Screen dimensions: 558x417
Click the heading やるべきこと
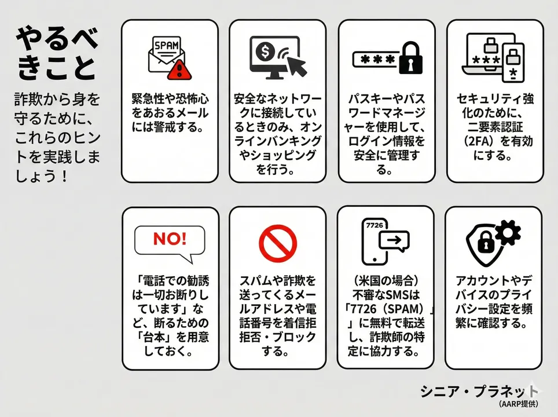[x=57, y=53]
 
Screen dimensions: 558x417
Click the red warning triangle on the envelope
[x=179, y=69]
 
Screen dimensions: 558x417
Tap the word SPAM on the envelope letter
[x=167, y=45]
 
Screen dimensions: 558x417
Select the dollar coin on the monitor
[x=265, y=52]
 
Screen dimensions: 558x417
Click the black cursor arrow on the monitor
[x=296, y=65]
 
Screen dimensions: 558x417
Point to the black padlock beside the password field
[x=410, y=58]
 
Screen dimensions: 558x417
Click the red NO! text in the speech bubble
[x=170, y=239]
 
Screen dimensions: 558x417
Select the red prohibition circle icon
[x=278, y=244]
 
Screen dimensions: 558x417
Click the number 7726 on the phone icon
[x=375, y=225]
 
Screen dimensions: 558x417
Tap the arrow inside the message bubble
[x=394, y=240]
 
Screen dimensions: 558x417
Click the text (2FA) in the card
[x=480, y=141]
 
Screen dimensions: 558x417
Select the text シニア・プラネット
[x=479, y=392]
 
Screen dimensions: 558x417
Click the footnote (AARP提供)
[x=518, y=404]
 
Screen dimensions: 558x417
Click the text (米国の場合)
[x=386, y=281]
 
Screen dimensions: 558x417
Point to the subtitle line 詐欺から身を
[x=57, y=100]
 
